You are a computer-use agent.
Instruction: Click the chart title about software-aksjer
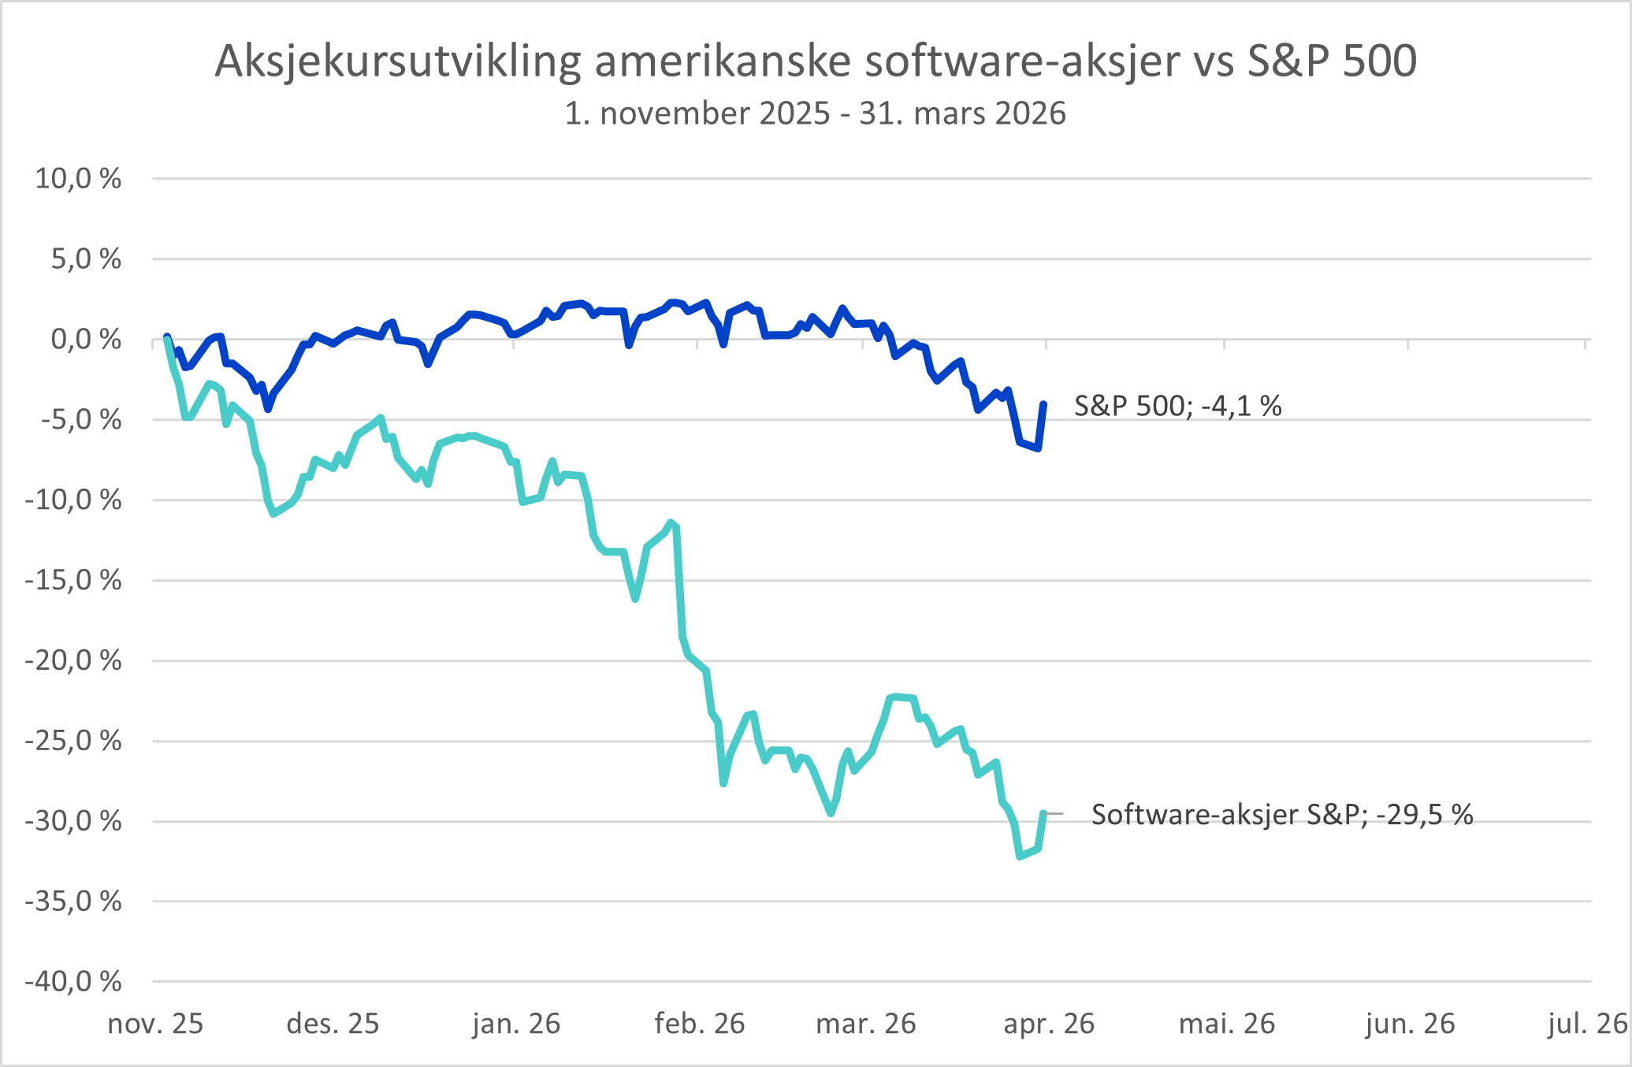pyautogui.click(x=816, y=61)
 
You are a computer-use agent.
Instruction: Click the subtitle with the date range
pyautogui.click(x=816, y=113)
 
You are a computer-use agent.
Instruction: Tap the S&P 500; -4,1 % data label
pyautogui.click(x=1177, y=406)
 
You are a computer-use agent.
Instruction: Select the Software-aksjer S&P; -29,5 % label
pyautogui.click(x=1281, y=814)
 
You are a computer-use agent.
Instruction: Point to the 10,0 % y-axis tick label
pyautogui.click(x=78, y=179)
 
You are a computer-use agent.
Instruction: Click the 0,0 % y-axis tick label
pyautogui.click(x=86, y=340)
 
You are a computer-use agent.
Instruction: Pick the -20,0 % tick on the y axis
pyautogui.click(x=73, y=660)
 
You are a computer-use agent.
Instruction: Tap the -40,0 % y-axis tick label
pyautogui.click(x=73, y=981)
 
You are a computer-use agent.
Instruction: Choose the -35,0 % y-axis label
pyautogui.click(x=73, y=901)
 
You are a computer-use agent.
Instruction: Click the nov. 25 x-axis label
pyautogui.click(x=155, y=1024)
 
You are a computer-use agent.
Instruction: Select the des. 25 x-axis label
pyautogui.click(x=333, y=1024)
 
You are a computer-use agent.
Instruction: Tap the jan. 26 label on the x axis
pyautogui.click(x=516, y=1024)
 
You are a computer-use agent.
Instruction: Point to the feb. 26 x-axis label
pyautogui.click(x=700, y=1024)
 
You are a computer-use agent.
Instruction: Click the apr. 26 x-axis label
pyautogui.click(x=1049, y=1024)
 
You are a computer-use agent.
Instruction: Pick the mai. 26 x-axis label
pyautogui.click(x=1227, y=1024)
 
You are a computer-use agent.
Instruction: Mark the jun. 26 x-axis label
pyautogui.click(x=1410, y=1024)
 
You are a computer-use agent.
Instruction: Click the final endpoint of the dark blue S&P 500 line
pyautogui.click(x=1043, y=404)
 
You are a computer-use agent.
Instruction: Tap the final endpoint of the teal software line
pyautogui.click(x=1043, y=813)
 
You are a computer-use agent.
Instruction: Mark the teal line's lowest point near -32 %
pyautogui.click(x=1020, y=857)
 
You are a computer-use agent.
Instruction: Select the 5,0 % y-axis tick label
pyautogui.click(x=86, y=259)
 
